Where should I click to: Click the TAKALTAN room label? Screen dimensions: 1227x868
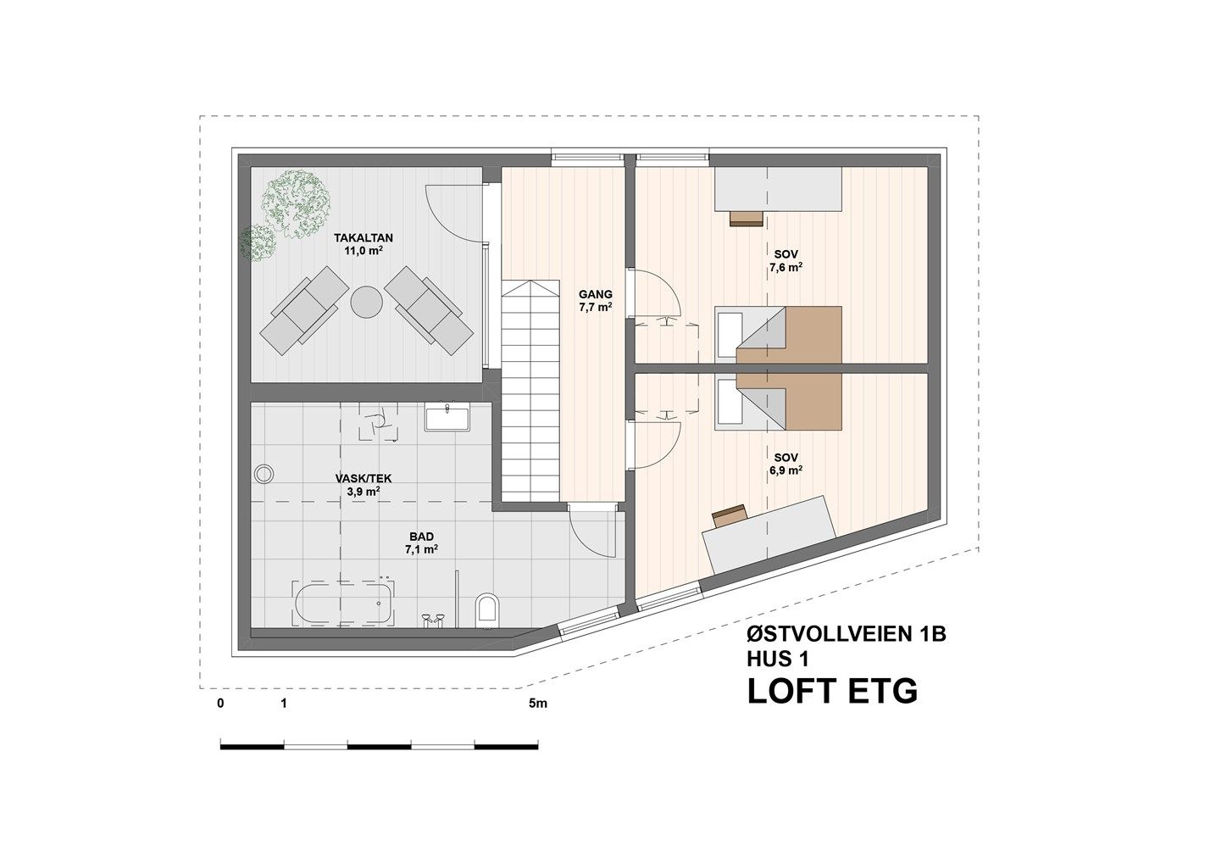pyautogui.click(x=364, y=238)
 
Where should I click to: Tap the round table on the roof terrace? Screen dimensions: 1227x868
pyautogui.click(x=366, y=302)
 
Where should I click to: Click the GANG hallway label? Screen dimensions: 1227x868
pyautogui.click(x=596, y=294)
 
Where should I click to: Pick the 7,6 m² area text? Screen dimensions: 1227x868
pyautogui.click(x=786, y=267)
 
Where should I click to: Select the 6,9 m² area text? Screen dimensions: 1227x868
pyautogui.click(x=786, y=470)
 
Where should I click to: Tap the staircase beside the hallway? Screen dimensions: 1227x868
pyautogui.click(x=530, y=391)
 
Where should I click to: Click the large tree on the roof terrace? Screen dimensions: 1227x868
pyautogui.click(x=297, y=203)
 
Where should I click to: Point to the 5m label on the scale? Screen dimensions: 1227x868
pyautogui.click(x=538, y=704)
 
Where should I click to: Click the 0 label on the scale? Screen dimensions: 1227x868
pyautogui.click(x=221, y=704)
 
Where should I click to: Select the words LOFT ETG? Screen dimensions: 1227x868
pyautogui.click(x=832, y=691)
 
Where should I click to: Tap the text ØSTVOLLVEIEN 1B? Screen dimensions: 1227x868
pyautogui.click(x=847, y=635)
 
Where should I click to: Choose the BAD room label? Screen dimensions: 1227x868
pyautogui.click(x=421, y=536)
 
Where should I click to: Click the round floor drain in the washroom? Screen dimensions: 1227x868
pyautogui.click(x=264, y=474)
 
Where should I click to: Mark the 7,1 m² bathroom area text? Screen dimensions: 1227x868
pyautogui.click(x=421, y=549)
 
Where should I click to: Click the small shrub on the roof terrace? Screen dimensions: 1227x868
pyautogui.click(x=257, y=242)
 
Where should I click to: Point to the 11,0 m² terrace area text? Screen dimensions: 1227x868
pyautogui.click(x=364, y=251)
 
